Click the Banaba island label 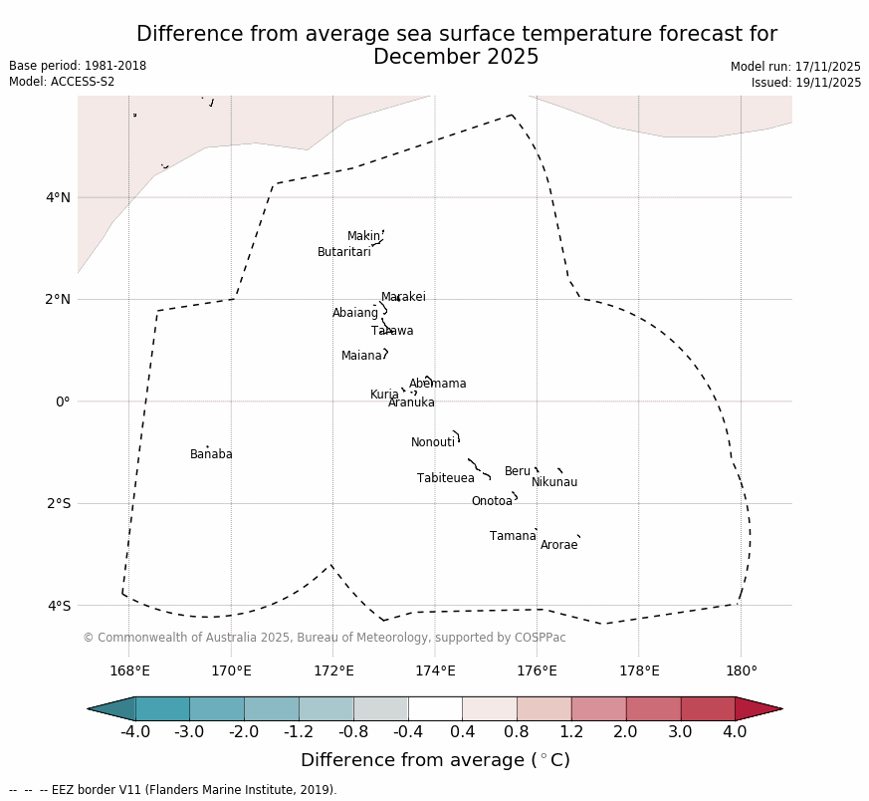point(211,454)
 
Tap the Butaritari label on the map point(343,252)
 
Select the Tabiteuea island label point(445,478)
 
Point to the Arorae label point(558,545)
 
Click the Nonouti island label point(432,442)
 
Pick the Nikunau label point(553,482)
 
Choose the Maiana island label point(361,356)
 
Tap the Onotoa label point(492,501)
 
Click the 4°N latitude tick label point(58,197)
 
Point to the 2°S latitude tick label point(58,503)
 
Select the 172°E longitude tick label point(333,670)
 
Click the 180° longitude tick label point(741,670)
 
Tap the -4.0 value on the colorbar point(134,732)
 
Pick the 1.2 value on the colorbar point(571,732)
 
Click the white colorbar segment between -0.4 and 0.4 point(435,708)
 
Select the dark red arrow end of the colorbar point(759,708)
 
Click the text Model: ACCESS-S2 point(62,82)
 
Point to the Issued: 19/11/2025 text point(805,83)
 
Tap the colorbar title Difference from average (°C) point(435,760)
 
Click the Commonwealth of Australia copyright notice point(324,638)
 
